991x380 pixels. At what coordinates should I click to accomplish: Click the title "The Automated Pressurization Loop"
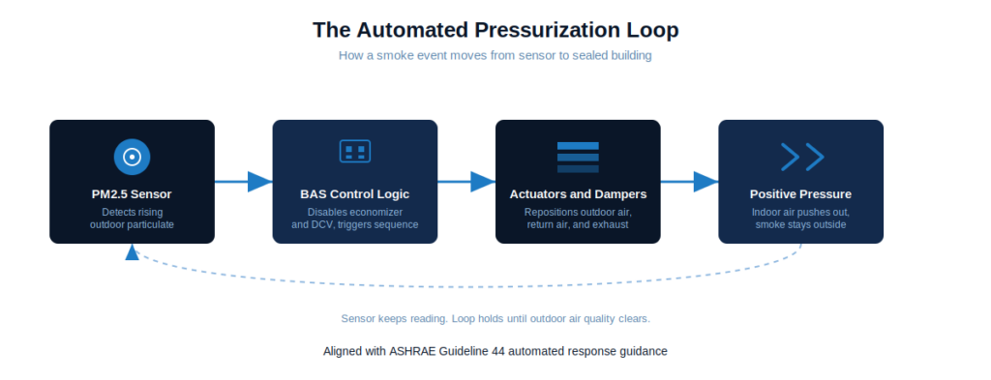(x=495, y=30)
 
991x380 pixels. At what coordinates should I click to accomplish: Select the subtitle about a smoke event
(x=495, y=55)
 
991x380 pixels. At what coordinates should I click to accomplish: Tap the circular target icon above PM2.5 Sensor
(x=132, y=157)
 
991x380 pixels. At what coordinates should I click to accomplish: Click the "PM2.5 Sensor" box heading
(x=132, y=194)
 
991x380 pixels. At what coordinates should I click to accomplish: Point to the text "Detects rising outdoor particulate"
(x=132, y=219)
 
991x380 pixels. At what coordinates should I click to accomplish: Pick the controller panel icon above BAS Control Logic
(x=354, y=152)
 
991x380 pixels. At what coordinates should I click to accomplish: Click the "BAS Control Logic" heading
(x=354, y=194)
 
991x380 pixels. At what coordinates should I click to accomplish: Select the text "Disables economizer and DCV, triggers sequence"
(x=354, y=219)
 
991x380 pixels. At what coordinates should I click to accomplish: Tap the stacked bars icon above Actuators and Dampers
(x=578, y=158)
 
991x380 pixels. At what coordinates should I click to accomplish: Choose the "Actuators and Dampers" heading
(x=578, y=194)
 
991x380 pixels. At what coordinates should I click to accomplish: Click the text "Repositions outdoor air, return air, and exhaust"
(x=578, y=219)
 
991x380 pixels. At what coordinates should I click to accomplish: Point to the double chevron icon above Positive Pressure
(x=802, y=157)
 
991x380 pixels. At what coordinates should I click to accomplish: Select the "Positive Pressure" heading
(x=800, y=194)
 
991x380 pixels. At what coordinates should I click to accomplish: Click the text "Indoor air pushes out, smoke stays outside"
(x=800, y=219)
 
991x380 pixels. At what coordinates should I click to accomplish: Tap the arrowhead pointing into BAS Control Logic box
(x=259, y=182)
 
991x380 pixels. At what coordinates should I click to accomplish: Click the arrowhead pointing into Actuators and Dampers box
(x=483, y=182)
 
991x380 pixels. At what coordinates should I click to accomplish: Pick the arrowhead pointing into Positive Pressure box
(x=706, y=182)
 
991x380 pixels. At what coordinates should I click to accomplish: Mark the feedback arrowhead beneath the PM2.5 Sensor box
(x=132, y=252)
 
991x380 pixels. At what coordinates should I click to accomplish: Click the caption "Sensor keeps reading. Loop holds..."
(x=495, y=318)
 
